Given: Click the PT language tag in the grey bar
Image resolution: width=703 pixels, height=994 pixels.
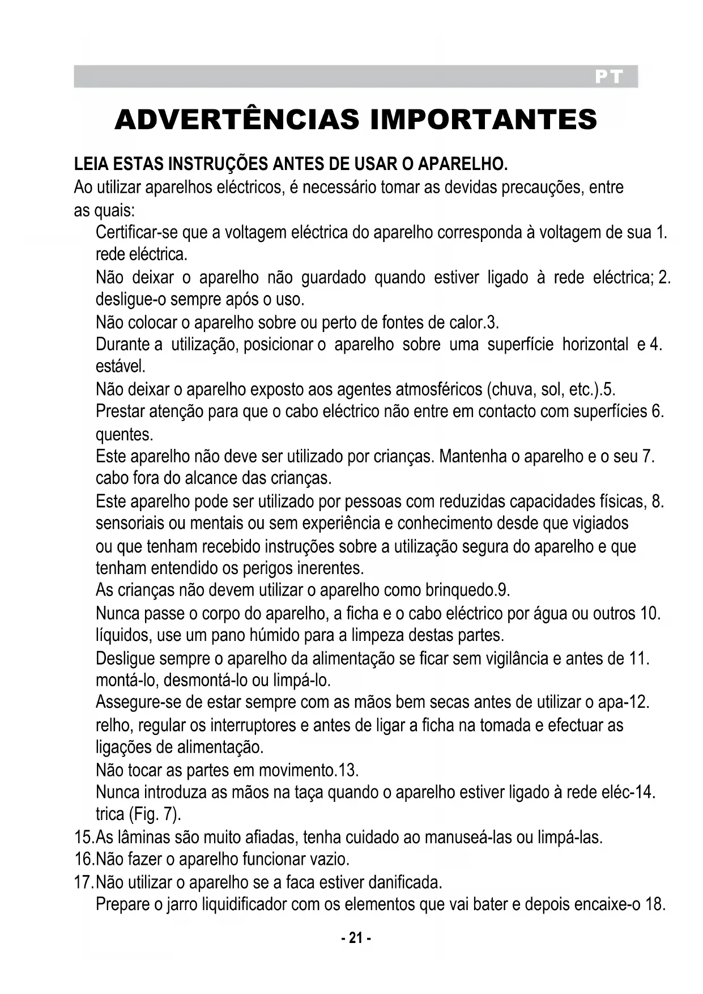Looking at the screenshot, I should (x=609, y=77).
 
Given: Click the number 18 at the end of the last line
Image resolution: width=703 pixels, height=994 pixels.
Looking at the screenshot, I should (x=654, y=904).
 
